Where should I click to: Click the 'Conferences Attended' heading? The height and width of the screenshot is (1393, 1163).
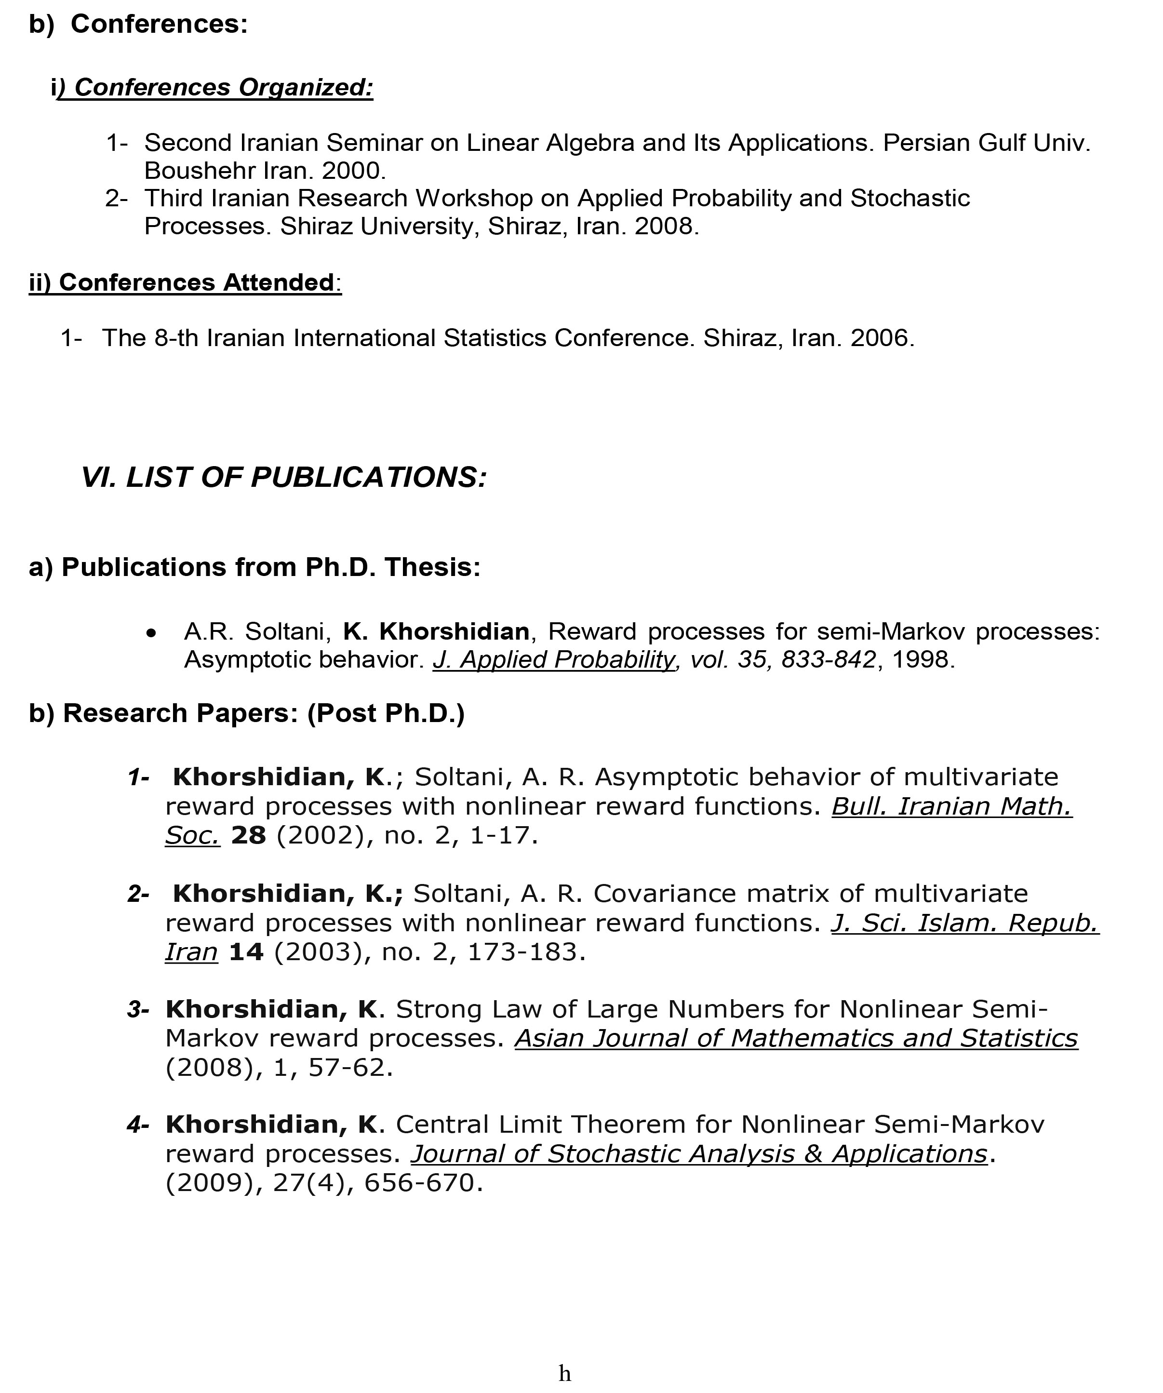click(x=196, y=282)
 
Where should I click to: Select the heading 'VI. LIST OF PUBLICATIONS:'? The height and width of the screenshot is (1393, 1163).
click(x=284, y=478)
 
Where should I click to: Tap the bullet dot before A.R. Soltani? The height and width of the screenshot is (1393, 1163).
click(x=151, y=634)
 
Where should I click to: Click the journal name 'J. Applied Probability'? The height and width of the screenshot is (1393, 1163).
click(x=553, y=660)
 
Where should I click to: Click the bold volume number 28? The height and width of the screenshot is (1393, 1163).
click(x=248, y=835)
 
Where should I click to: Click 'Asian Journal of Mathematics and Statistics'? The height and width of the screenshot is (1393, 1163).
click(x=796, y=1039)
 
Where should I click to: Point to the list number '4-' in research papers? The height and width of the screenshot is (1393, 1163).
click(x=138, y=1125)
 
